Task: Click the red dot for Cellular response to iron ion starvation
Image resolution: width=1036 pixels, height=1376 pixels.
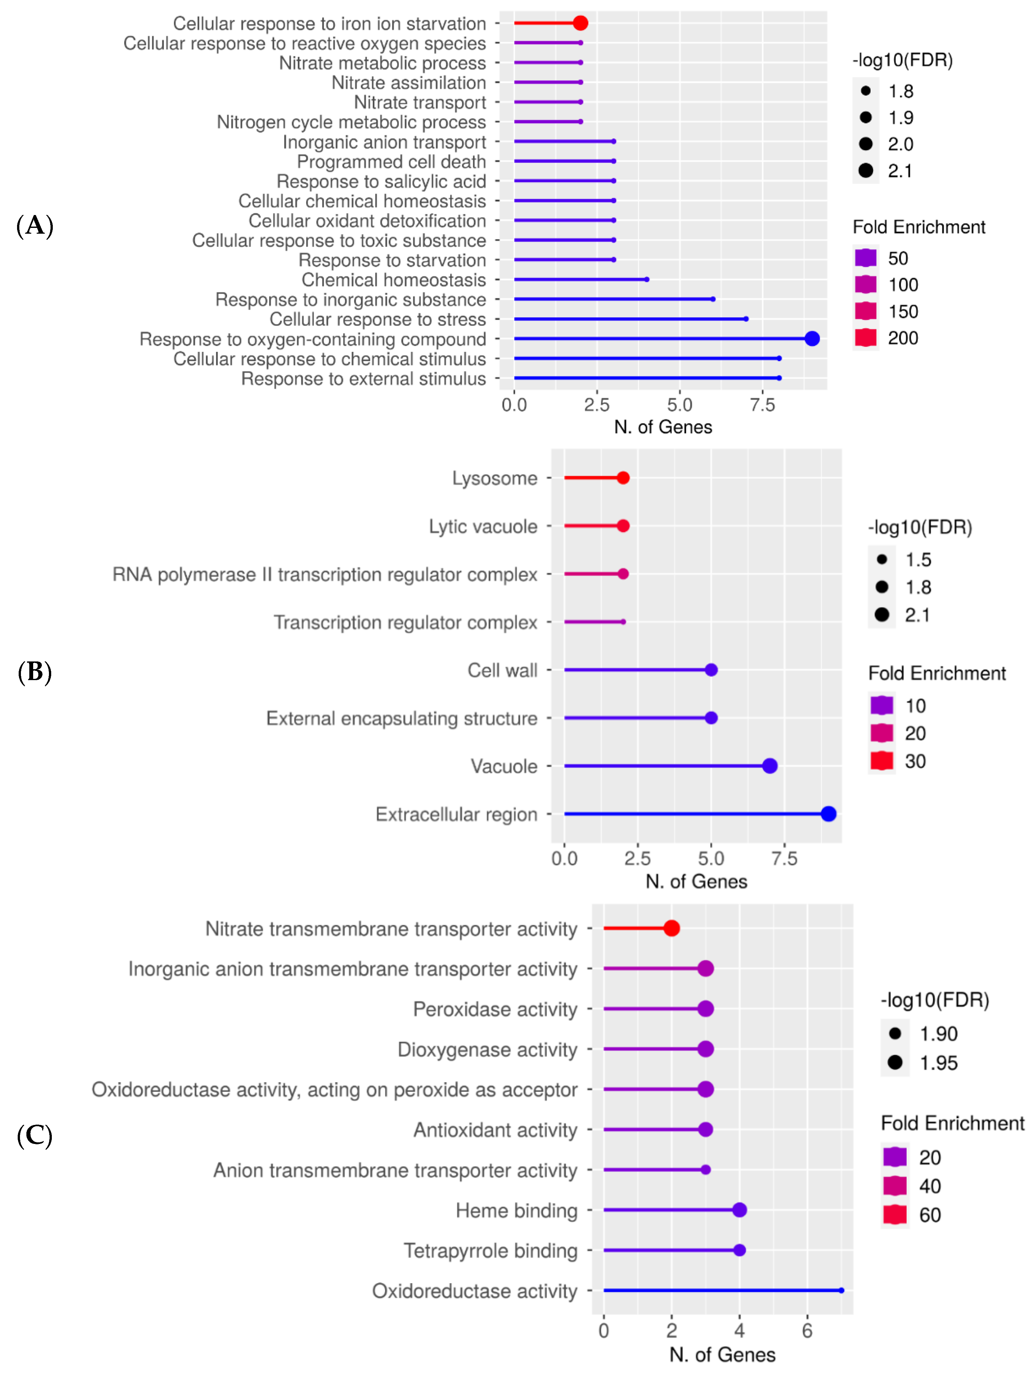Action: [580, 23]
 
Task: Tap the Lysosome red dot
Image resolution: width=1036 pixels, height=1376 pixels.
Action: [623, 478]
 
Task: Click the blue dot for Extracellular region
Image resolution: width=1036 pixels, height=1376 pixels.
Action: [828, 814]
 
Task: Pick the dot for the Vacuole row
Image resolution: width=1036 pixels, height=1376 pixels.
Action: [770, 766]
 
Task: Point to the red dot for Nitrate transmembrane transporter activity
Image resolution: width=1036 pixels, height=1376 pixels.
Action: [671, 928]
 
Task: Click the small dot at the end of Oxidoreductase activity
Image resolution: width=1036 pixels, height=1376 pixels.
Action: [841, 1290]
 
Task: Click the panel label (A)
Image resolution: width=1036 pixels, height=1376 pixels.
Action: [35, 225]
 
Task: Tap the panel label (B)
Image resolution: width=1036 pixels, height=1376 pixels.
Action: [35, 672]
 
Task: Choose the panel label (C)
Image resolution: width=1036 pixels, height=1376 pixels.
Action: [35, 1135]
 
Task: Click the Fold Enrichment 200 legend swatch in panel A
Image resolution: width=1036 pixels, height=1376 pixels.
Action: [865, 338]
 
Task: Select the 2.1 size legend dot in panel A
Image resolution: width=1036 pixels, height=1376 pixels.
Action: [865, 171]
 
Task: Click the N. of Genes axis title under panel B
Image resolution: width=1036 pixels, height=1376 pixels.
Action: [696, 882]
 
